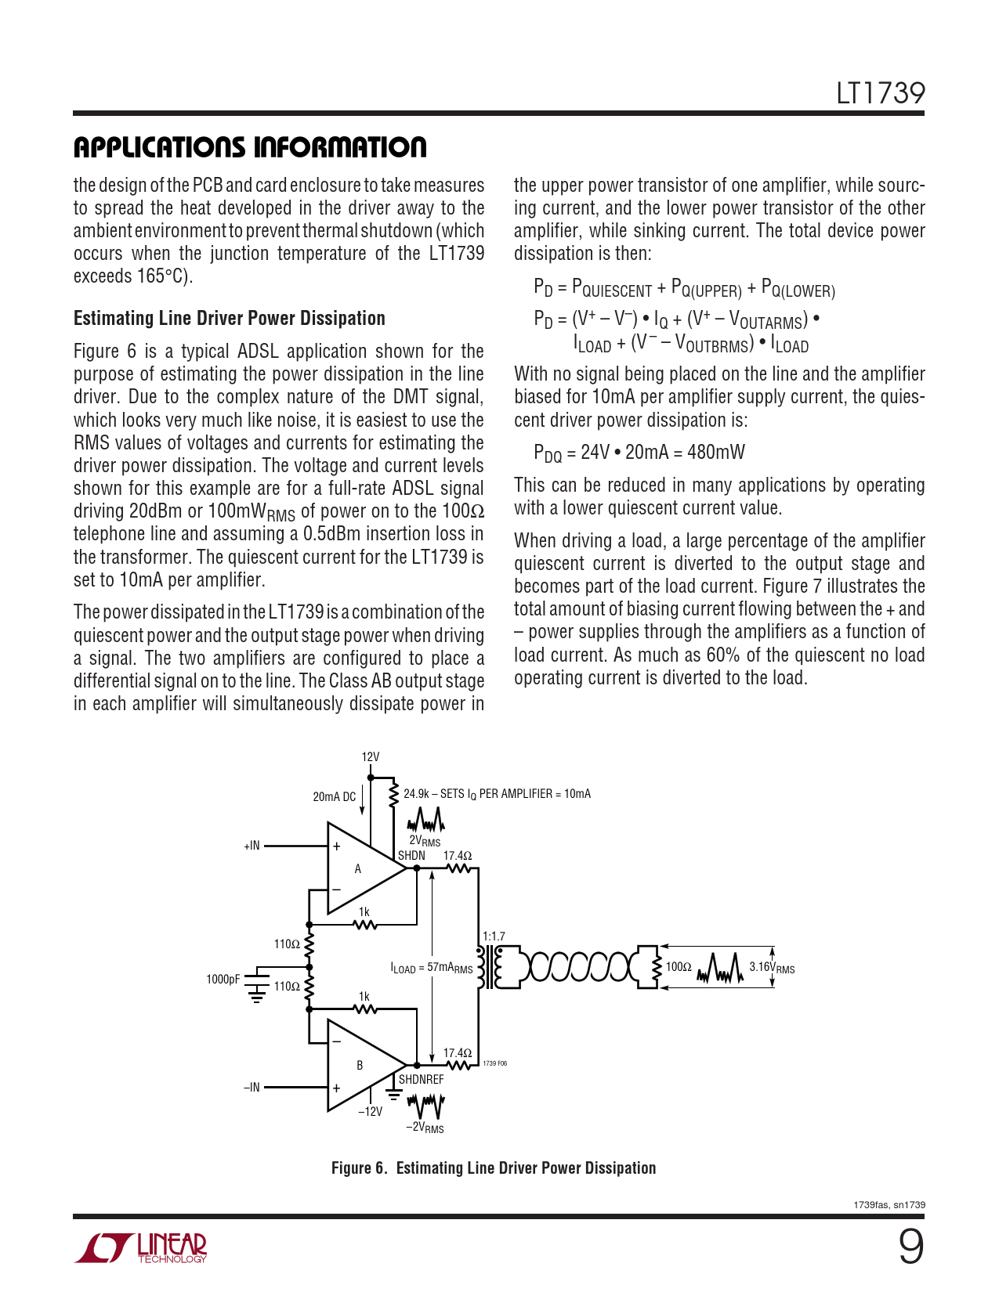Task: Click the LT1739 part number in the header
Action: tap(880, 93)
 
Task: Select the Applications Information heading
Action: tap(250, 147)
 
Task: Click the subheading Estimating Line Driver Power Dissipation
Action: tap(229, 318)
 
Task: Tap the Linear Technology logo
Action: tap(141, 1248)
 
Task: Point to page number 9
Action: tap(910, 1247)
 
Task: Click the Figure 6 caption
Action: tap(494, 1167)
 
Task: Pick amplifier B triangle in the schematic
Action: tap(360, 1065)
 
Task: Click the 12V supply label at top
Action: tap(370, 757)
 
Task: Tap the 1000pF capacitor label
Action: tap(223, 979)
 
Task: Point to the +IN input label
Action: tap(252, 846)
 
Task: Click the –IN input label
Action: tap(252, 1087)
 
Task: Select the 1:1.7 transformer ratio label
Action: tap(494, 936)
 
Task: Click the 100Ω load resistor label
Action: tap(679, 966)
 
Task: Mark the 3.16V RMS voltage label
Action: tap(772, 967)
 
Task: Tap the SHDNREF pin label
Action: tap(421, 1079)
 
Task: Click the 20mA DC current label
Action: tap(334, 796)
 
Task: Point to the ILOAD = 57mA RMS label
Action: tap(432, 968)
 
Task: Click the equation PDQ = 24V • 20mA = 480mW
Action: tap(639, 453)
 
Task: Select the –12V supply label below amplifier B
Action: tap(370, 1111)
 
